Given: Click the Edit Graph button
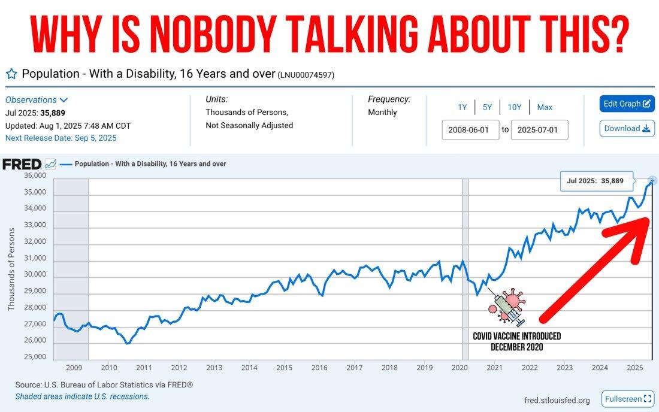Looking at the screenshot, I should (x=627, y=104).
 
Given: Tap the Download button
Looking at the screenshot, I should (x=627, y=128).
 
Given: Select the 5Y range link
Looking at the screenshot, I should (x=487, y=107).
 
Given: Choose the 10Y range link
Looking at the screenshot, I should (x=514, y=107).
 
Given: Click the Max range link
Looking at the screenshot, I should (x=545, y=107).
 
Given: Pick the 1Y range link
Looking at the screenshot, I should (x=462, y=107).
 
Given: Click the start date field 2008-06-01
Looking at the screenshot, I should (x=470, y=130).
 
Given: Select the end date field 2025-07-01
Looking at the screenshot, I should (x=539, y=130).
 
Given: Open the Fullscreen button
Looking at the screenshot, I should (x=628, y=399).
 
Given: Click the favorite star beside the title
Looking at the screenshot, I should (x=11, y=74).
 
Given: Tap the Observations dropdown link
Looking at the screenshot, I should (x=37, y=100).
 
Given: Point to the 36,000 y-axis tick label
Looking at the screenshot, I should (x=35, y=175).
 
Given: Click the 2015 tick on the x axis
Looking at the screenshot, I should (x=284, y=368).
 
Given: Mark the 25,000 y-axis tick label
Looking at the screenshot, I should (x=35, y=357).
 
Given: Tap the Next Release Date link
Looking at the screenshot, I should (x=61, y=138).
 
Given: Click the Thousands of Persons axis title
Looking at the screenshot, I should (x=11, y=269).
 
